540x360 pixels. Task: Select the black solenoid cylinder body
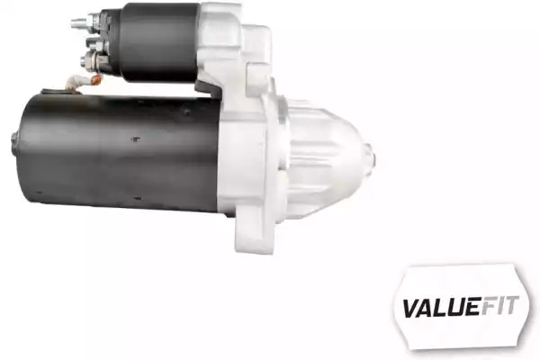click(158, 43)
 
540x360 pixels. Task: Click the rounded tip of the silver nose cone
click(371, 157)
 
